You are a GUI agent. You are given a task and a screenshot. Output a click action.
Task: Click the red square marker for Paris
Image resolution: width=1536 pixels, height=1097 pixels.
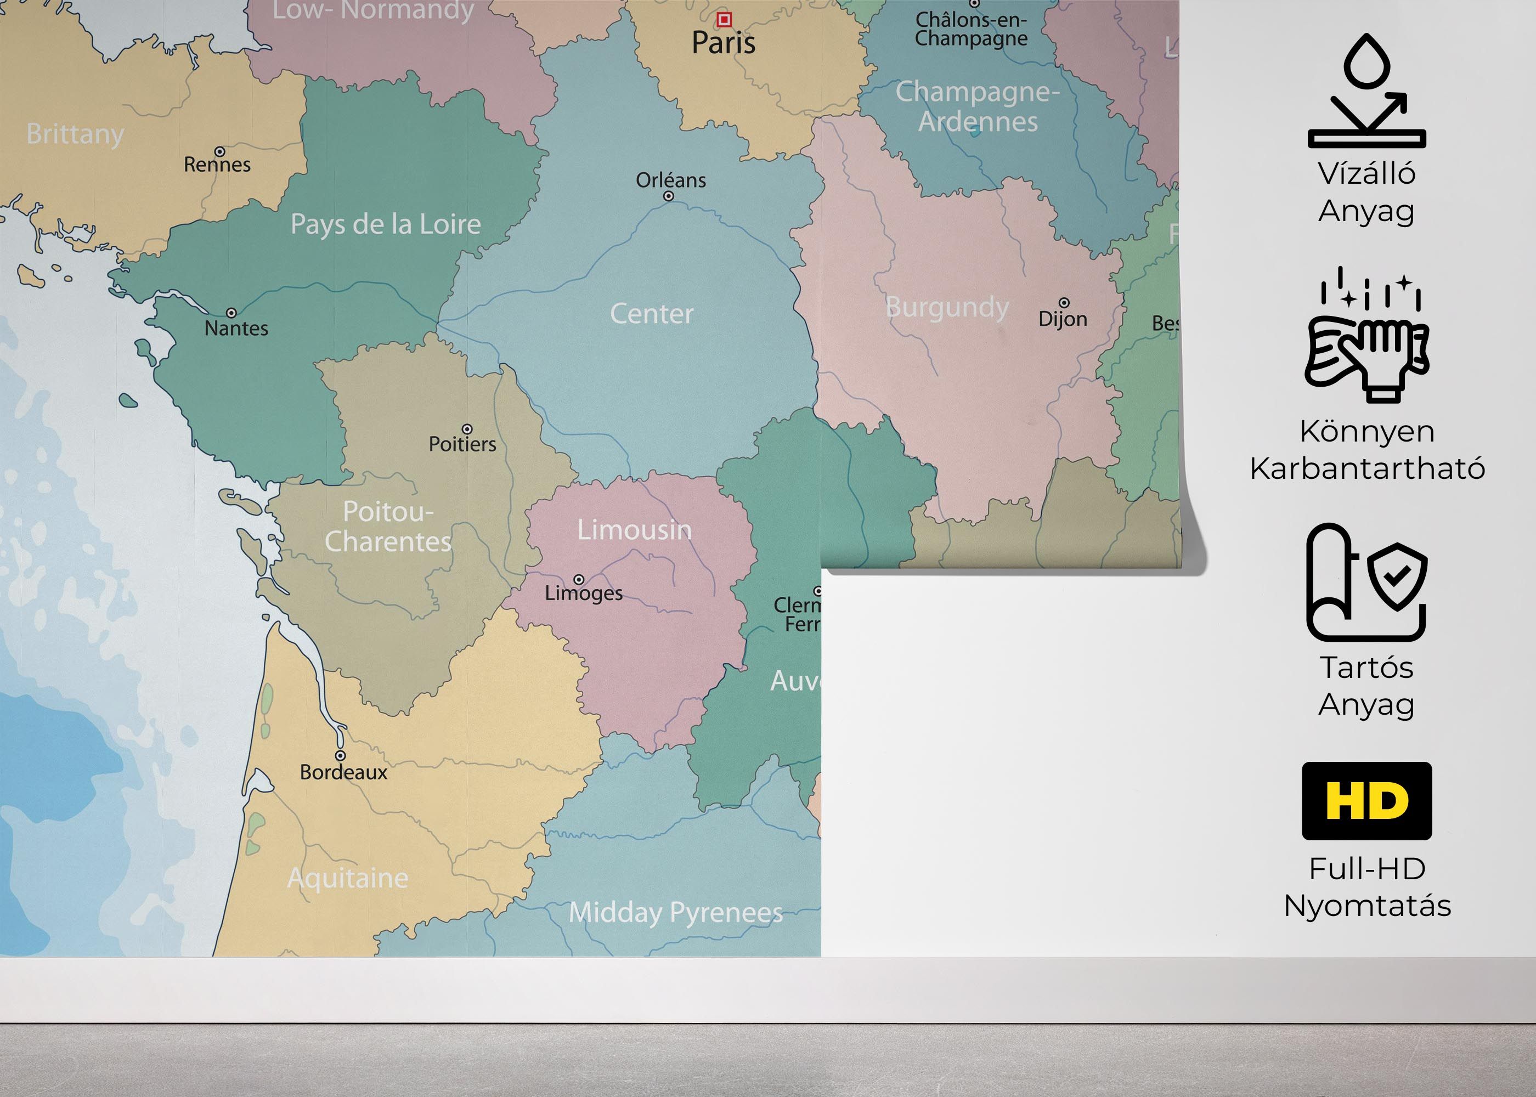[724, 20]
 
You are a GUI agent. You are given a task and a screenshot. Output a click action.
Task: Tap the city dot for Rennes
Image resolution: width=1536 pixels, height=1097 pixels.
[219, 151]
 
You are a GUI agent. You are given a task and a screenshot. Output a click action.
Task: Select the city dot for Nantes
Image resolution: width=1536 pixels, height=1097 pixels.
[231, 313]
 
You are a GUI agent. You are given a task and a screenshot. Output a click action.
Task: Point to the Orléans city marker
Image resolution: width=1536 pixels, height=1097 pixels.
[668, 196]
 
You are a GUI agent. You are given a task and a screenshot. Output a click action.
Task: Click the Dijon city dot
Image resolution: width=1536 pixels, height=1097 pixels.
[1064, 303]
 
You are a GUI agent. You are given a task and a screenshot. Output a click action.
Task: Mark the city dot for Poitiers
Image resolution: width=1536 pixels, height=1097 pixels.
[467, 429]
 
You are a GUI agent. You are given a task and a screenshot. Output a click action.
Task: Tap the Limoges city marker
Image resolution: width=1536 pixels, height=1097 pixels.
[579, 580]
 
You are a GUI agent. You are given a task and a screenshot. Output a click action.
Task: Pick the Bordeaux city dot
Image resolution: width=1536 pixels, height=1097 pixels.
[341, 756]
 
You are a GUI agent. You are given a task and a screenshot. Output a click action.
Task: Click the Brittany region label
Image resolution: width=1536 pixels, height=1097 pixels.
[75, 134]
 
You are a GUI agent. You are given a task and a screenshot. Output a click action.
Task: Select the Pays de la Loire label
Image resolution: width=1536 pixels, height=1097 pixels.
[386, 224]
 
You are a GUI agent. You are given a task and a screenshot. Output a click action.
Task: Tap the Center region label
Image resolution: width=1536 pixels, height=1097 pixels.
[651, 313]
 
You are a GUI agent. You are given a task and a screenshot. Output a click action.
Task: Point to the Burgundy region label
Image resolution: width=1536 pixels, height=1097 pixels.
[947, 307]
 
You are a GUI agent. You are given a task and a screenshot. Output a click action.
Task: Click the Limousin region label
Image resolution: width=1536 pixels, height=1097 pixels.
[634, 530]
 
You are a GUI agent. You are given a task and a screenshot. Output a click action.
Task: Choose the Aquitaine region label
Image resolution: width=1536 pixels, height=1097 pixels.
[348, 878]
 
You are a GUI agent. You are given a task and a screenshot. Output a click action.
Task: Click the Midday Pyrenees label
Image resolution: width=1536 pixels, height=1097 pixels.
[675, 913]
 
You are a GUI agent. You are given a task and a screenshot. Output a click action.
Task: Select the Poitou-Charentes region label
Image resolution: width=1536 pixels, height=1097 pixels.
[388, 527]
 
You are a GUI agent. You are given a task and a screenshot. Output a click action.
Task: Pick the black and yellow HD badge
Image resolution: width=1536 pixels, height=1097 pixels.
[1366, 801]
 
